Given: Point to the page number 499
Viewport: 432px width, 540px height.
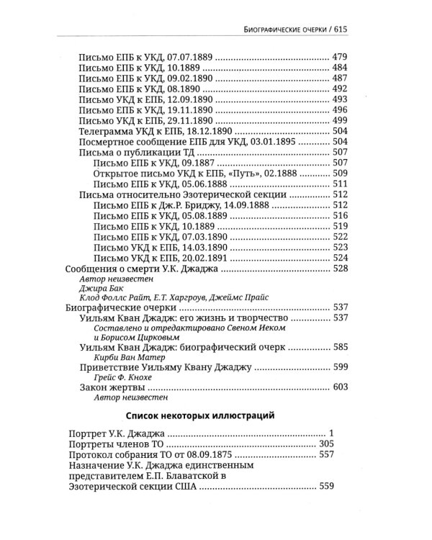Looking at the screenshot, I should pos(339,121).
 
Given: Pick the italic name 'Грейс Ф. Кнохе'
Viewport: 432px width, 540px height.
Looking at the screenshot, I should pos(124,379).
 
